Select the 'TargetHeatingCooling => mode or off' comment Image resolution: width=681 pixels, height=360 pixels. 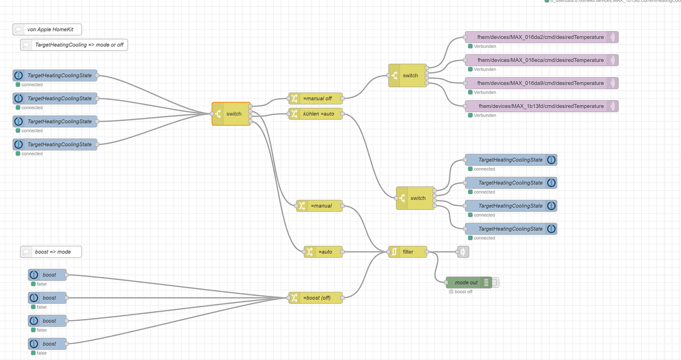tap(74, 44)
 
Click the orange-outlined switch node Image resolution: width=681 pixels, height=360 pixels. tap(231, 114)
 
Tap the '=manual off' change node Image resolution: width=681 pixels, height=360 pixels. tap(316, 98)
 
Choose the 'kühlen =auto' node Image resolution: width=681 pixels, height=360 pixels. tap(316, 114)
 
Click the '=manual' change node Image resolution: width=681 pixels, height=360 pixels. tap(320, 206)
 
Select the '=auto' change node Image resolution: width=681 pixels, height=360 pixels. tap(323, 252)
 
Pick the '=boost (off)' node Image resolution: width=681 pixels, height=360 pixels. tap(316, 298)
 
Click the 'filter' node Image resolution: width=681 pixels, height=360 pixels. tap(407, 252)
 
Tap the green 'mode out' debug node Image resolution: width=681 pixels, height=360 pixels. tap(466, 282)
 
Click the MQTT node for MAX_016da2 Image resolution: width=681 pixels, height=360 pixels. tap(540, 37)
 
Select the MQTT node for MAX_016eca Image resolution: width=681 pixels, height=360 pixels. tap(540, 60)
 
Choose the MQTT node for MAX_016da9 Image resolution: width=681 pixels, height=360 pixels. tap(540, 83)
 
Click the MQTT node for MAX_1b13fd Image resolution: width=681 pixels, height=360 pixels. tap(540, 106)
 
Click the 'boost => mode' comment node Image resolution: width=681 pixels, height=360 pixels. tap(51, 252)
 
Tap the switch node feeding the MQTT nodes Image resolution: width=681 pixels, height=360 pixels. tap(407, 76)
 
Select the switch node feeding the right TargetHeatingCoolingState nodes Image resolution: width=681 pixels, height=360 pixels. tap(415, 198)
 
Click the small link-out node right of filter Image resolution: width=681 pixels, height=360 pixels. tap(463, 252)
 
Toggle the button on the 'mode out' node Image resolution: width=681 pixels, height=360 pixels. tap(495, 282)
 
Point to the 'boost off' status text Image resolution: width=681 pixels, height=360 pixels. tap(463, 292)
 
